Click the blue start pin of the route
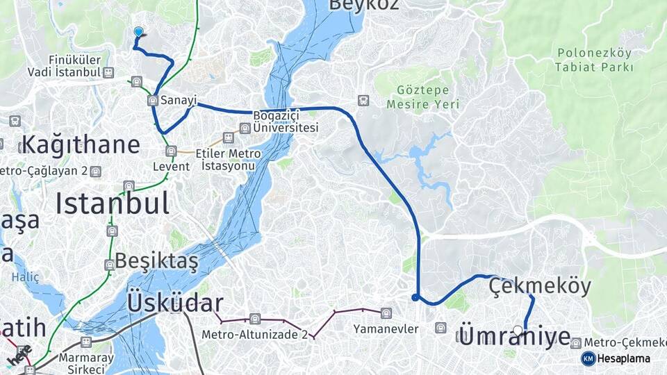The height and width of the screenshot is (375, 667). [138, 32]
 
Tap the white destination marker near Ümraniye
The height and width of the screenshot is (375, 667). [518, 331]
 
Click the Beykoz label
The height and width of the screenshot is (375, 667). [364, 5]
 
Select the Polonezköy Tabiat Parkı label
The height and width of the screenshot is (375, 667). [594, 60]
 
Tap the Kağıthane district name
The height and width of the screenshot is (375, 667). [81, 145]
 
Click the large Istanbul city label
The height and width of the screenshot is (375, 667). [112, 203]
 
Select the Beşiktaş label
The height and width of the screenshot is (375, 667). [156, 261]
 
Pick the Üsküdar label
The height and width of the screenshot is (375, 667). [175, 303]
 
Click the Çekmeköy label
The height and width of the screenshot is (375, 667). [540, 285]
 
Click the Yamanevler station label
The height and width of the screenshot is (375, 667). [381, 327]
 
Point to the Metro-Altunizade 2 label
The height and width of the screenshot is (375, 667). [254, 334]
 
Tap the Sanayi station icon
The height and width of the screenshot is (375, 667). [153, 101]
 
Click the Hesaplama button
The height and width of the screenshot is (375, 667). [616, 358]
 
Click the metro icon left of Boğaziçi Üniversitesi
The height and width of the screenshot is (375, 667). [245, 128]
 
